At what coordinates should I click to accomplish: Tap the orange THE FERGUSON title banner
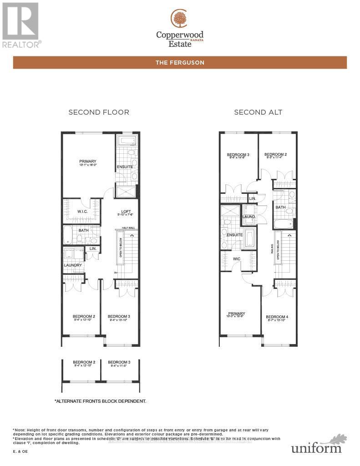point(180,63)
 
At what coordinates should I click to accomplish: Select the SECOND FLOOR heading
point(99,112)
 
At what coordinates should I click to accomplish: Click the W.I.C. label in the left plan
point(82,211)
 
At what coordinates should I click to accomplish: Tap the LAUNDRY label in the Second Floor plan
point(73,265)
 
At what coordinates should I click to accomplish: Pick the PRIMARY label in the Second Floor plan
point(88,161)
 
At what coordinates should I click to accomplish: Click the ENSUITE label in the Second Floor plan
point(124,167)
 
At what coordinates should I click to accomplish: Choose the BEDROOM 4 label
point(277,317)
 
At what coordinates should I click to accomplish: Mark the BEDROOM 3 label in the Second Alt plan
point(238,155)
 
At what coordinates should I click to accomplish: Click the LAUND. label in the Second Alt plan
point(249,217)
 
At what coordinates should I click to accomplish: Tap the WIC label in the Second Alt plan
point(237,259)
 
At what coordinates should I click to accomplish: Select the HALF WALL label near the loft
point(127,228)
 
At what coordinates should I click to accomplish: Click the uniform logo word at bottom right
point(316,448)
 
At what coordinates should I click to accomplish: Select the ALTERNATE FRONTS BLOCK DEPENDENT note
point(100,401)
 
